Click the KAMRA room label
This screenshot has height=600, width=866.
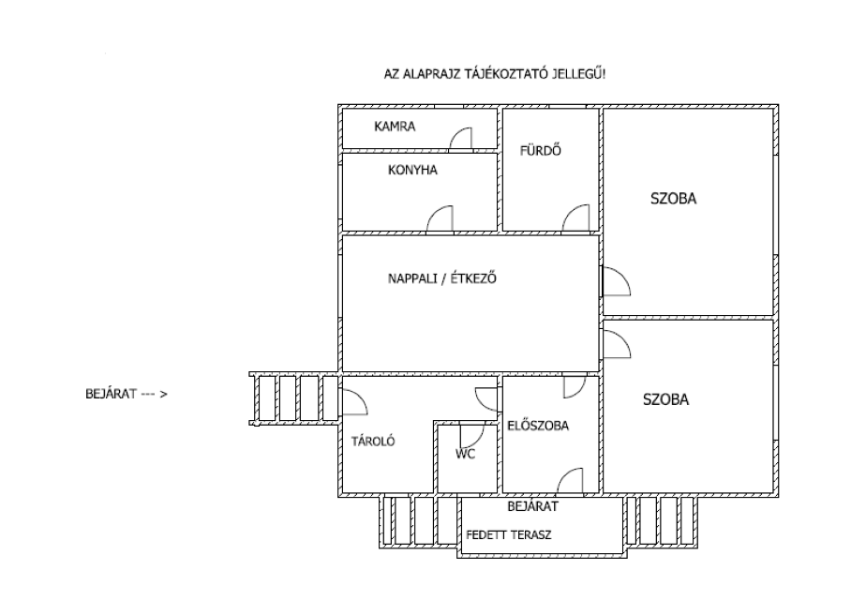395,127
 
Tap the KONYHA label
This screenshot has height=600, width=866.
412,170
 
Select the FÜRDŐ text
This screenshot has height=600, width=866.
540,150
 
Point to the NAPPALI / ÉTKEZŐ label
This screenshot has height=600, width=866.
441,277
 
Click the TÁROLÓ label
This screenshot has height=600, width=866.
373,441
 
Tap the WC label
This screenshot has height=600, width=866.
465,454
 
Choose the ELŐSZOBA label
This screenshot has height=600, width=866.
538,426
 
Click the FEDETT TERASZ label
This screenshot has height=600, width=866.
509,534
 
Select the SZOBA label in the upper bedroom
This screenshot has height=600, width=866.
673,199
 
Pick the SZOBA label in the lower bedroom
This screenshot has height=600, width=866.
665,399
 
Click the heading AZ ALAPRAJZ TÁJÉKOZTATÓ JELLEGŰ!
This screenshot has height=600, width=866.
495,73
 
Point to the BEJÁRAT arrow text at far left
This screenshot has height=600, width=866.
127,394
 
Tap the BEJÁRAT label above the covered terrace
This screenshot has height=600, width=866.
532,506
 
